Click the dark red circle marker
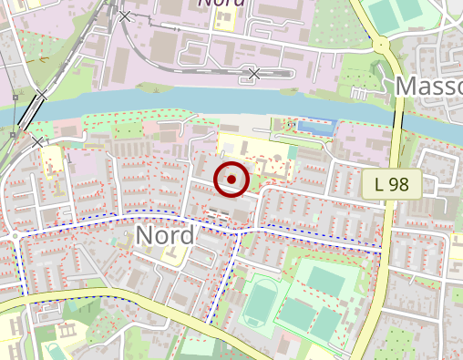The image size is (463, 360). [231, 179]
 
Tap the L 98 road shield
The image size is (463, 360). [397, 184]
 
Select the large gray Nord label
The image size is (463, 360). [164, 235]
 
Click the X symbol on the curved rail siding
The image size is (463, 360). [254, 73]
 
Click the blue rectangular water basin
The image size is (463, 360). [316, 128]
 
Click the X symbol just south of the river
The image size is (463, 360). [37, 141]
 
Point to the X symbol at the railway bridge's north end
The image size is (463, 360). [41, 96]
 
